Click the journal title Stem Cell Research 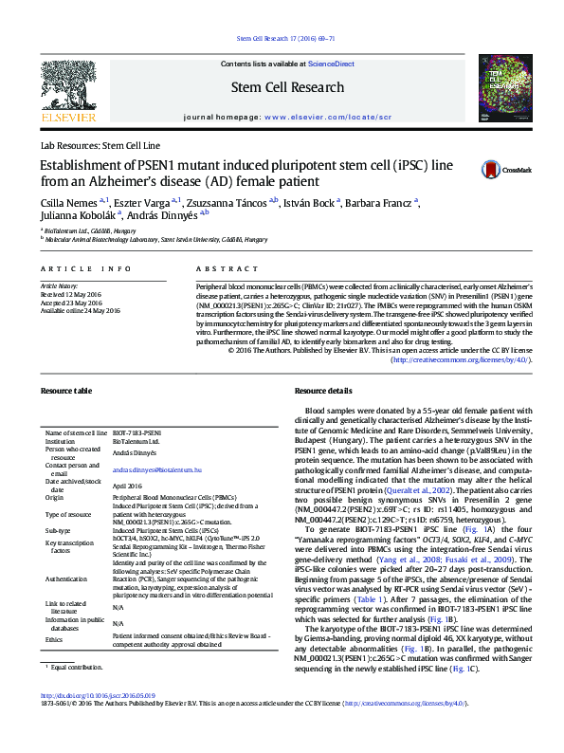click(287, 87)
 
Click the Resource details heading click(323, 391)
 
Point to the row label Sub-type click(59, 530)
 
